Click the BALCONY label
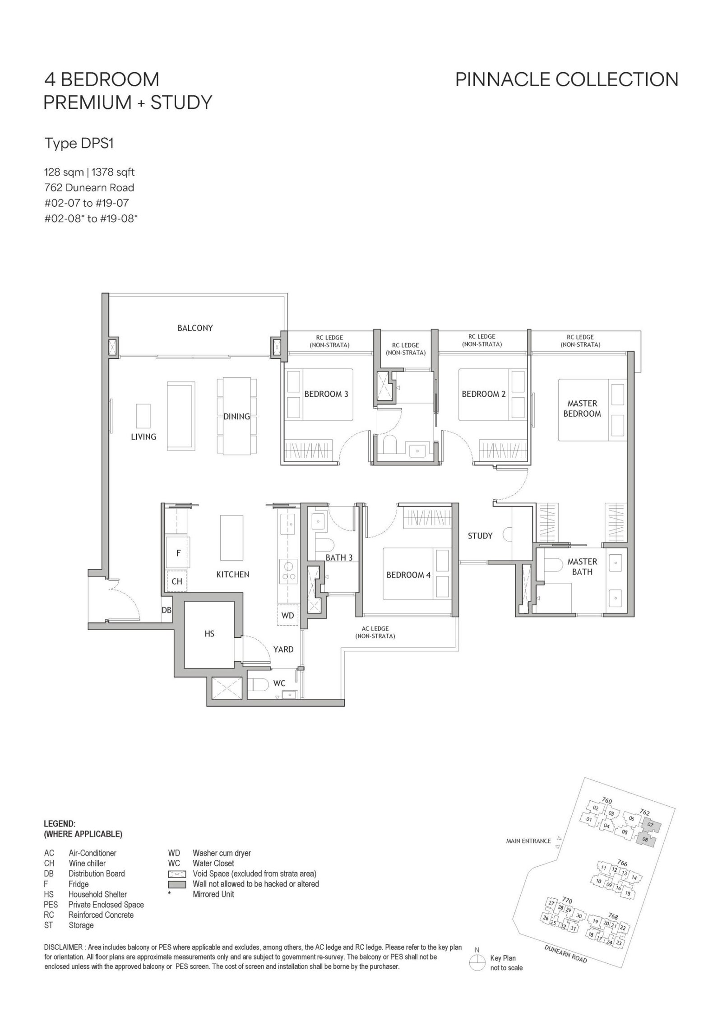coord(195,328)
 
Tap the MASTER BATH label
coord(582,567)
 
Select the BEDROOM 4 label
coord(405,575)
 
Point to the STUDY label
coord(480,536)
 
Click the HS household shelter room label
coord(209,634)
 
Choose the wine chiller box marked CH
coord(177,581)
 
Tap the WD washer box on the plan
coord(287,615)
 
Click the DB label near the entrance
coord(167,610)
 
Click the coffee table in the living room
coord(143,416)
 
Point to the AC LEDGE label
coord(375,632)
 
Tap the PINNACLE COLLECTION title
coord(567,79)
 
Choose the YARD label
coord(283,650)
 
